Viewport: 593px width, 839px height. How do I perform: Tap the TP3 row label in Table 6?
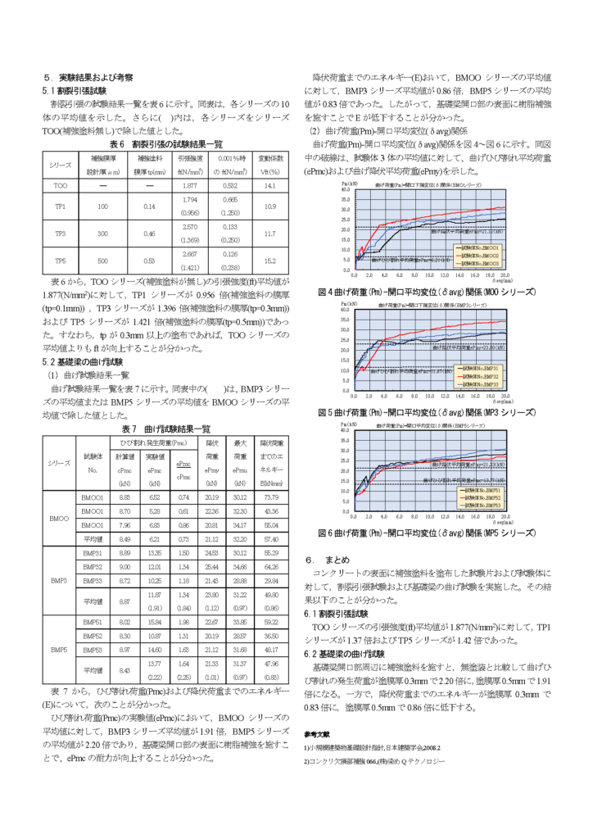coord(61,234)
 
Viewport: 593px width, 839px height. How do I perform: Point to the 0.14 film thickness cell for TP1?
coord(149,206)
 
